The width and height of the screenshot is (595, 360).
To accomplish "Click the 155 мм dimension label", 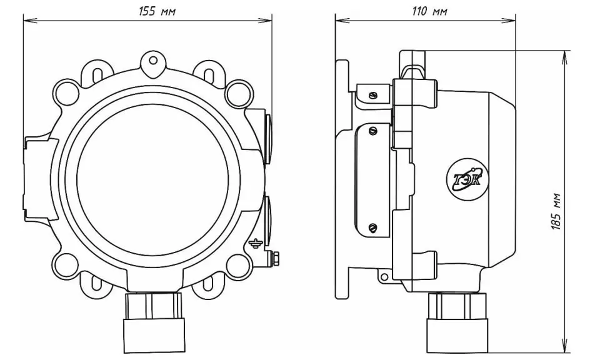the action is [157, 11].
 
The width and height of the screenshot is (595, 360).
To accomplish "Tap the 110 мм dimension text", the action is [429, 11].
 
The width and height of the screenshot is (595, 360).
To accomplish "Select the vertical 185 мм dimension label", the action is [556, 211].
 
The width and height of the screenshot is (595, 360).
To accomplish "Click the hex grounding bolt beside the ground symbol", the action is [276, 257].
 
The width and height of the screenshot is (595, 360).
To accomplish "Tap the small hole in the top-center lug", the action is [153, 60].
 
